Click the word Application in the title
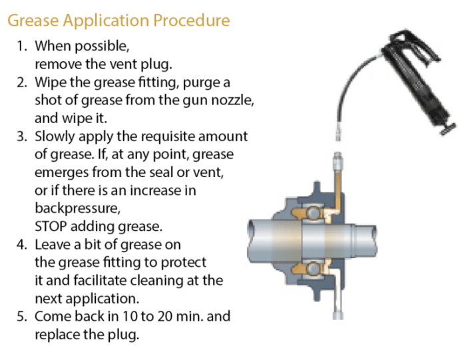tap(105, 21)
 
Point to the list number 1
tap(21, 47)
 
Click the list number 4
tap(21, 244)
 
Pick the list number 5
tap(21, 316)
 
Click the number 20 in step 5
tap(156, 316)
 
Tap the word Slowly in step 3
tap(55, 136)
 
